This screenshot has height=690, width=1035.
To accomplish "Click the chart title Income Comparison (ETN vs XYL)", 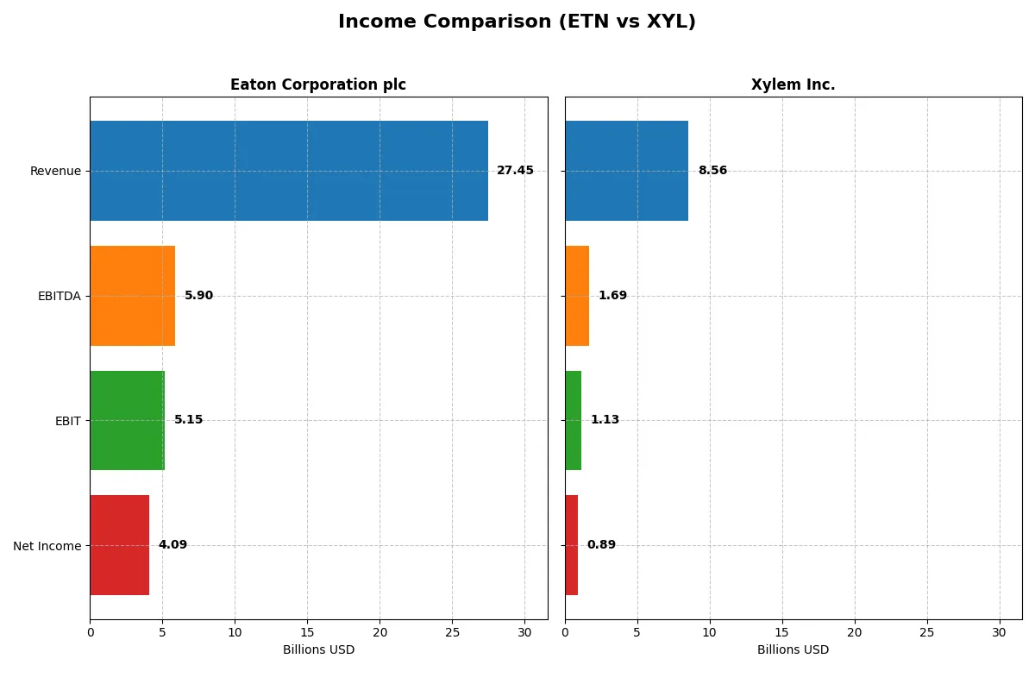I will point(517,22).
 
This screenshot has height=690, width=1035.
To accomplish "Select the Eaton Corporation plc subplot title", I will point(317,85).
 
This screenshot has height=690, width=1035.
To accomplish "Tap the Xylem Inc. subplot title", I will point(793,85).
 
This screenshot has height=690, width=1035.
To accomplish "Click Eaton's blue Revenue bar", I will point(289,171).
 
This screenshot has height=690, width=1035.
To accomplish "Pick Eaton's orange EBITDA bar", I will point(132,296).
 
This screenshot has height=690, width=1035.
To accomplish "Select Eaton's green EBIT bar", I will point(127,421).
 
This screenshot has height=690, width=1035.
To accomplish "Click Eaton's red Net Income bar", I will point(119,545).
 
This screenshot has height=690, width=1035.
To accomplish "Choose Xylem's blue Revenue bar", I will point(626,171).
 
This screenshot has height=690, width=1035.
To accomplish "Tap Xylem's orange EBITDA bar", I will point(577,296).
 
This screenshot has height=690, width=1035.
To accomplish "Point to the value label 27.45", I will point(515,171).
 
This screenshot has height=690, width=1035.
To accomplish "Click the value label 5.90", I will point(198,296).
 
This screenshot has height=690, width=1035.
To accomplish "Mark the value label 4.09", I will point(172,545).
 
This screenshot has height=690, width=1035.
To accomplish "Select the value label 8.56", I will point(712,171).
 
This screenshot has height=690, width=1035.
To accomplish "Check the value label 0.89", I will point(601,545).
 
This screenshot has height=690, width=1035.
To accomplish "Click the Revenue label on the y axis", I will point(55,171).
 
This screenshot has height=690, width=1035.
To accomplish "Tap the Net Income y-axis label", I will point(47,546).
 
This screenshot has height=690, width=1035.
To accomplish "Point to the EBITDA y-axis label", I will point(59,296).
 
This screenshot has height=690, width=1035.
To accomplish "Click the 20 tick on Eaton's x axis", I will point(379,632).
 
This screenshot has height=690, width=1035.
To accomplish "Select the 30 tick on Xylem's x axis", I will point(1000,632).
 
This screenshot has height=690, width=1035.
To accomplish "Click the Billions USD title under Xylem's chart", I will point(793,650).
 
